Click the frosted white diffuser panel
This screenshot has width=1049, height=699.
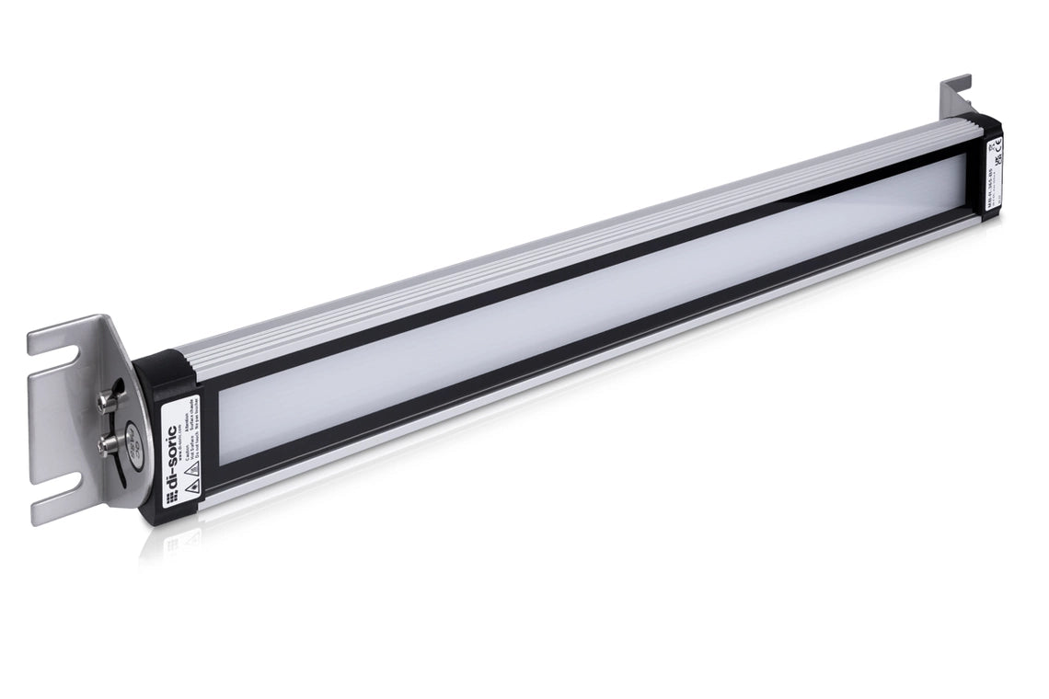tap(589, 304)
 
